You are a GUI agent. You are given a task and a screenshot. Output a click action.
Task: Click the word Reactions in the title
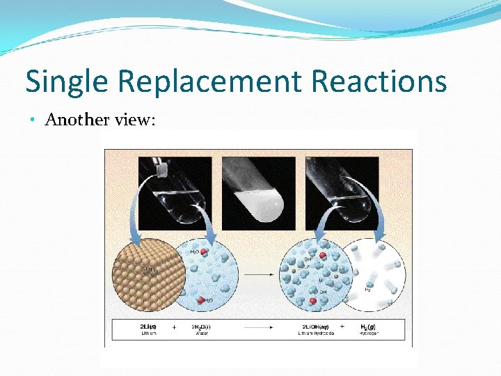pos(379,81)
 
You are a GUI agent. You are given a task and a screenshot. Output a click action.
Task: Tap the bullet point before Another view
pos(33,120)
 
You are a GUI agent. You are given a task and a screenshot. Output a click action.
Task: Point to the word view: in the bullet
pos(136,120)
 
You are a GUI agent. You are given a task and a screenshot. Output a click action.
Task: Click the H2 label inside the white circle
pos(367,289)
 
